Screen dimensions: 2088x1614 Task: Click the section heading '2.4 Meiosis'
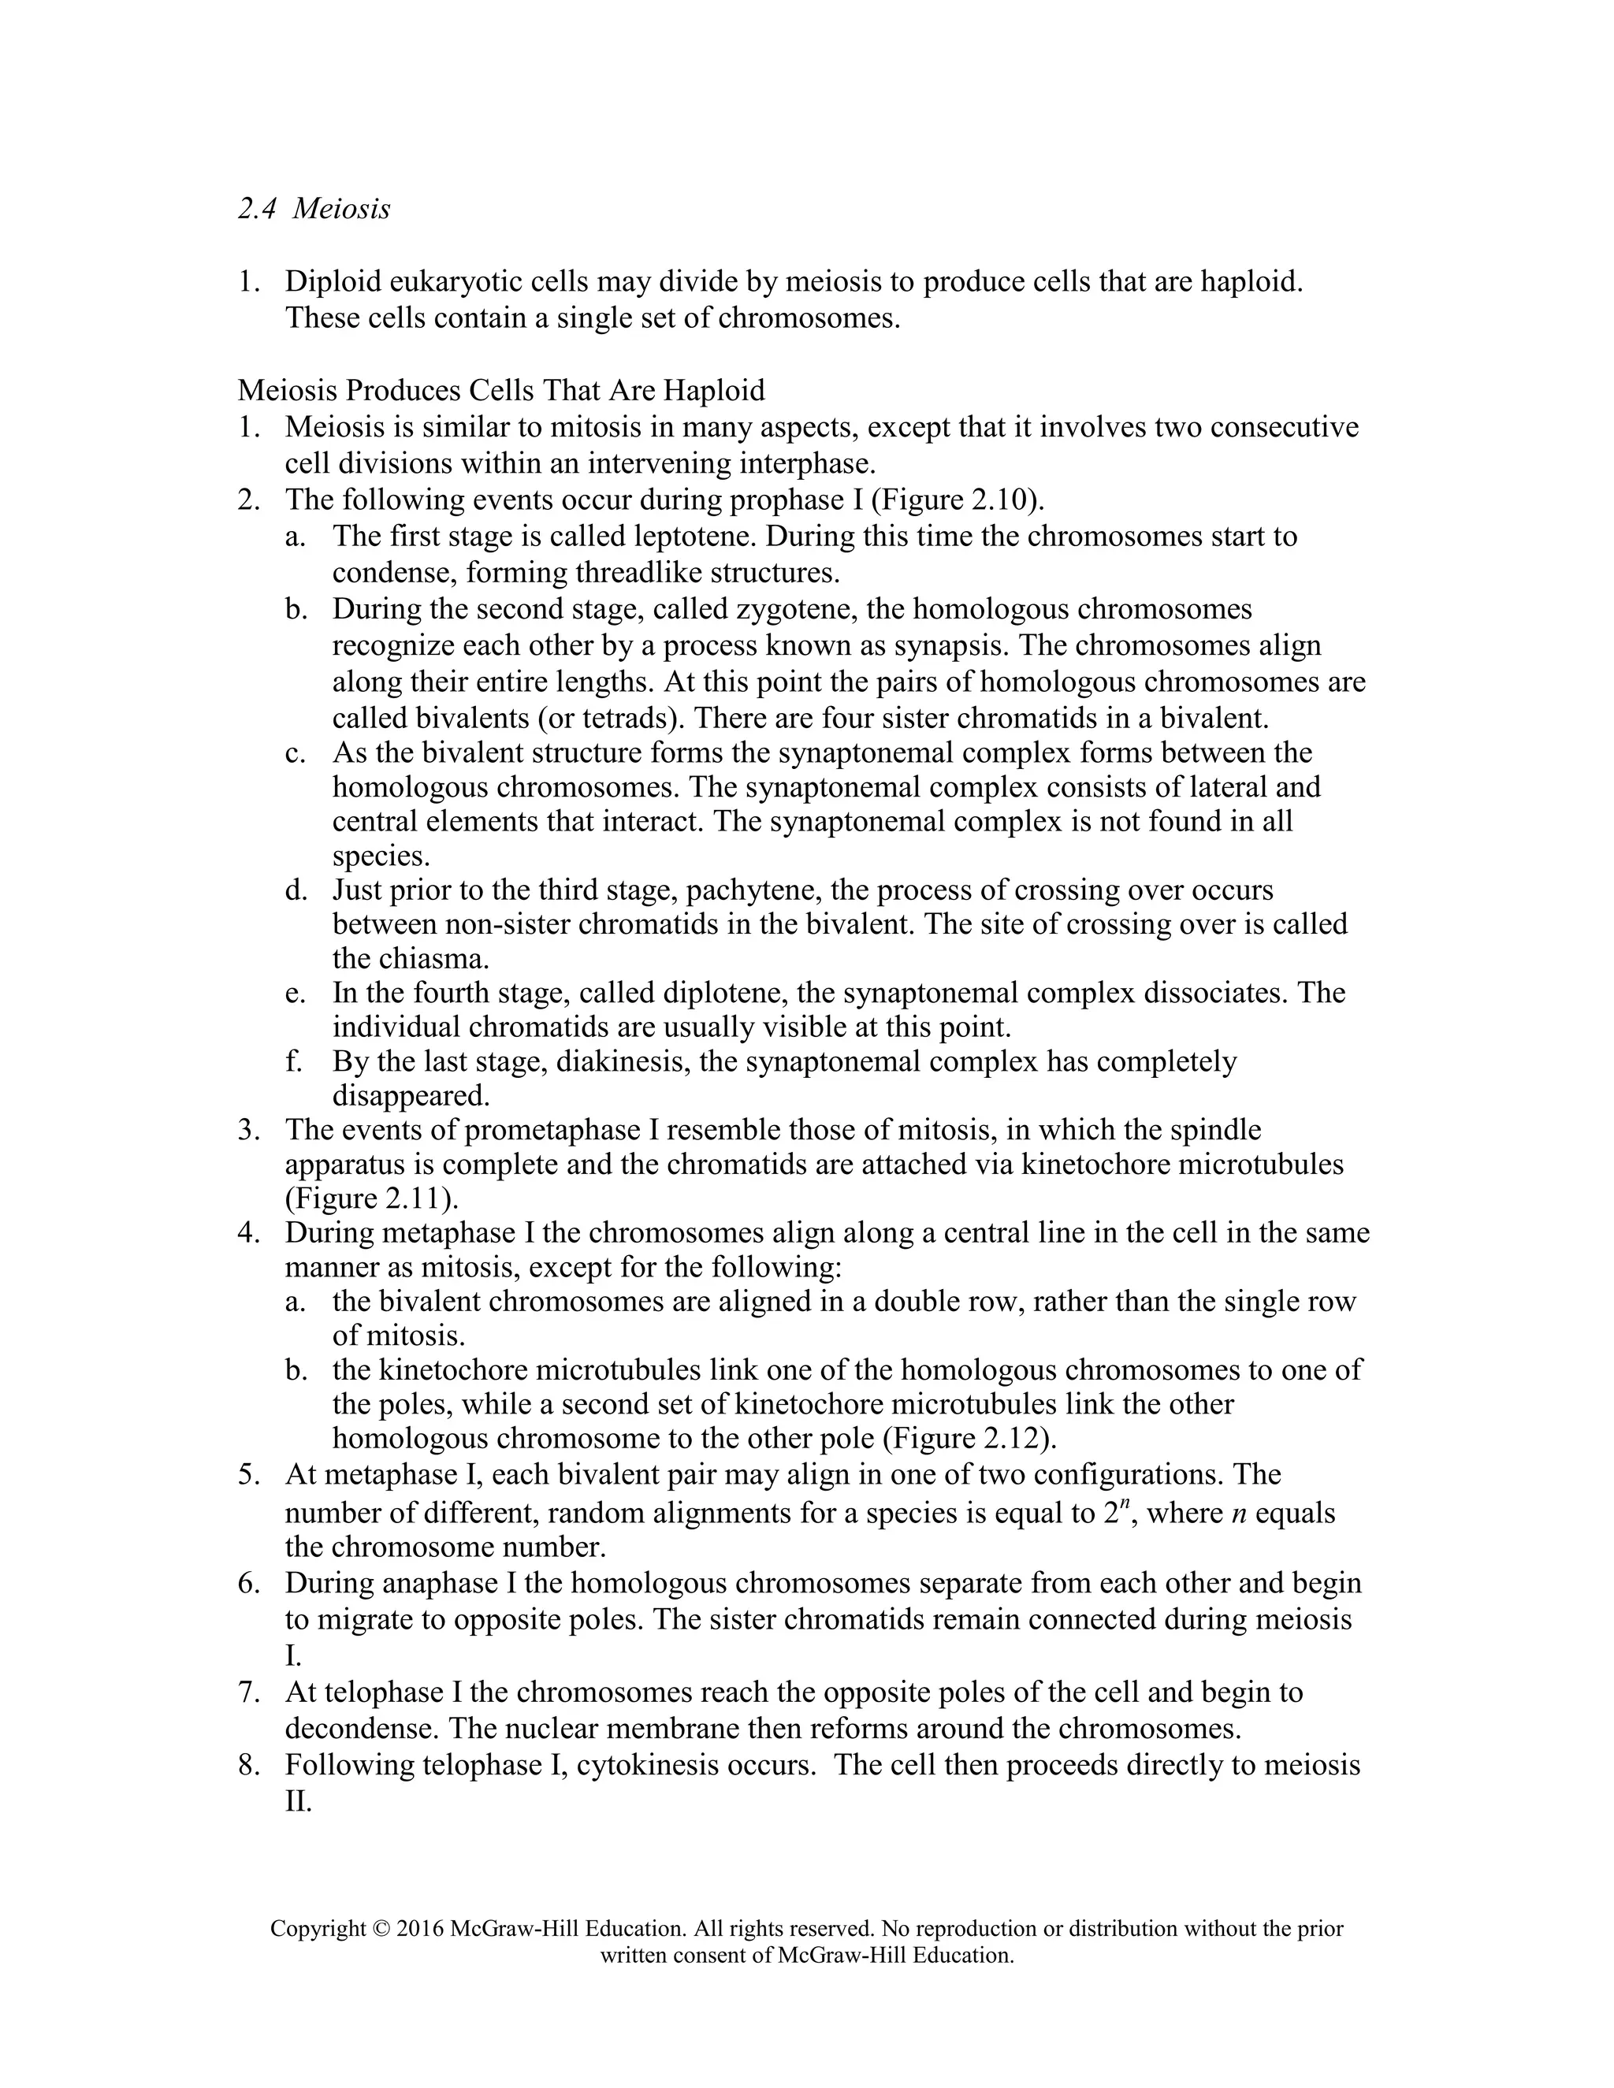click(x=314, y=209)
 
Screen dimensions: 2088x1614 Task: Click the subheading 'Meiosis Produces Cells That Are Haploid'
click(x=501, y=390)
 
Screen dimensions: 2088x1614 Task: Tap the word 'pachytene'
click(x=754, y=890)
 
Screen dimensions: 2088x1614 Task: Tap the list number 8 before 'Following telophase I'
click(x=247, y=1765)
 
